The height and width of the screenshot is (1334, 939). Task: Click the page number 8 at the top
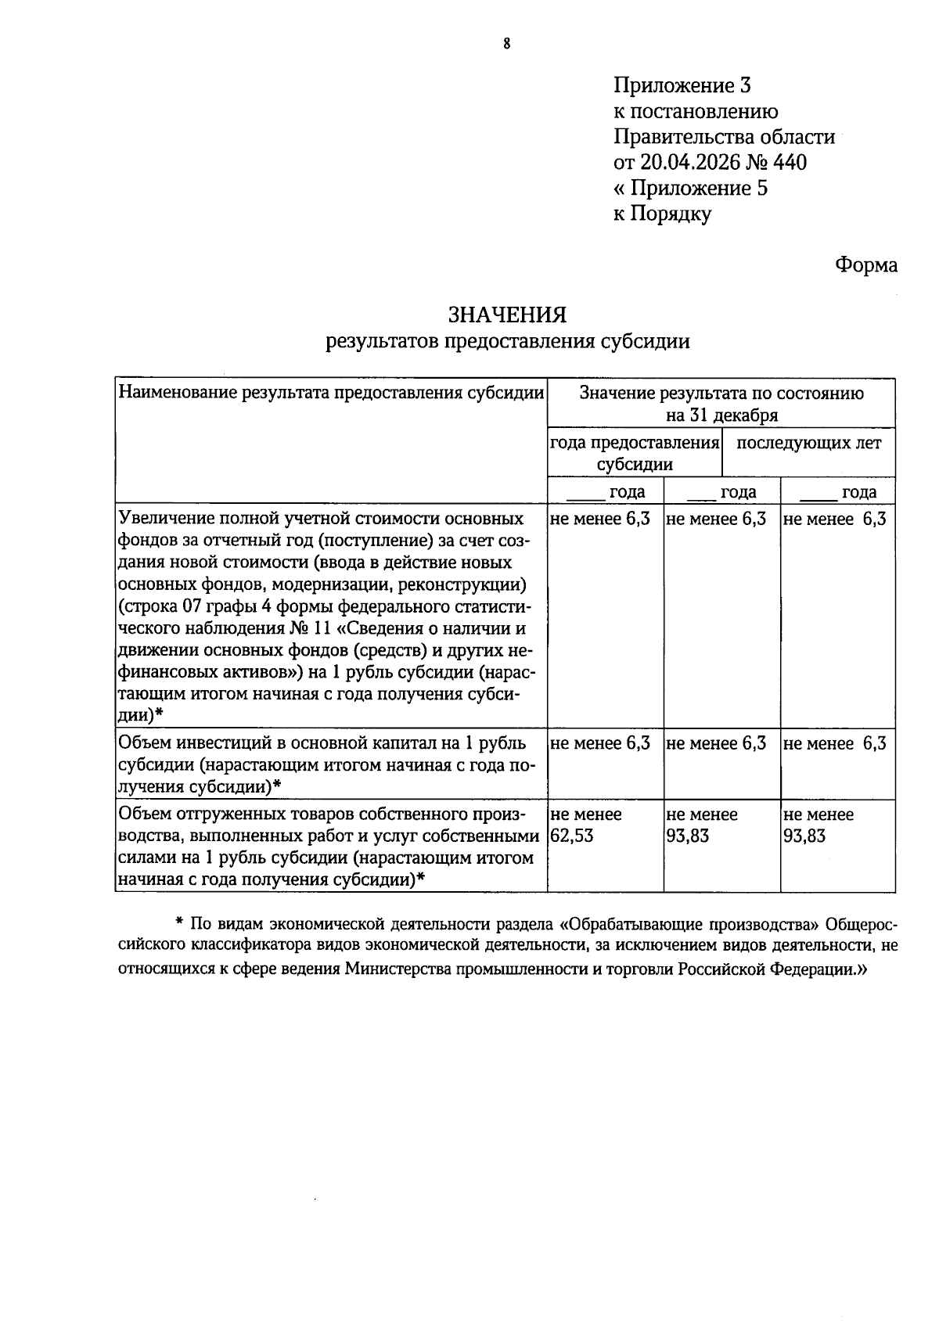click(x=506, y=45)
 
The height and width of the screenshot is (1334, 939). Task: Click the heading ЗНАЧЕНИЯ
click(x=506, y=315)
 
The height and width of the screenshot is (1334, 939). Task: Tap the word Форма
click(x=865, y=265)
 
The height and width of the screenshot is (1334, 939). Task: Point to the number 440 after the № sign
click(x=789, y=163)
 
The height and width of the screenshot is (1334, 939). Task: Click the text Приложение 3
click(x=682, y=86)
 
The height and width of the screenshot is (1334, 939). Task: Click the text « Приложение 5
click(x=690, y=189)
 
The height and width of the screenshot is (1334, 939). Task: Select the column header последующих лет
click(x=809, y=444)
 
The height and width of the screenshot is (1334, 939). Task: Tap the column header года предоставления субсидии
click(x=635, y=454)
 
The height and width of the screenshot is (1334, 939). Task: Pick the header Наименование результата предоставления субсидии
click(x=331, y=393)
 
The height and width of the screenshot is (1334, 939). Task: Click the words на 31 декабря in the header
click(x=721, y=415)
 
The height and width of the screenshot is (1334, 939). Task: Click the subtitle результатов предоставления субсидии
click(x=508, y=341)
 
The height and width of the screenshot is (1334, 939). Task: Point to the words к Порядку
click(x=663, y=214)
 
